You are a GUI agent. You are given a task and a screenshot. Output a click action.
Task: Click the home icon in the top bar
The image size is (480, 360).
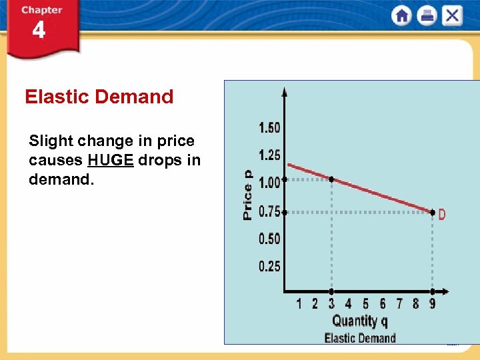click(x=401, y=16)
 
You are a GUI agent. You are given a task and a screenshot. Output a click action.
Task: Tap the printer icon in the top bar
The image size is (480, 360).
click(x=427, y=16)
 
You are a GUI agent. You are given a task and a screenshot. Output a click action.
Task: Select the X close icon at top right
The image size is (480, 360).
click(x=452, y=16)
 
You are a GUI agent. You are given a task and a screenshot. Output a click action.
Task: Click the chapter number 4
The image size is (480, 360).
click(x=39, y=30)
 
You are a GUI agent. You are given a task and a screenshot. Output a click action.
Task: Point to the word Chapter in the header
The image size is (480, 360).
click(x=41, y=10)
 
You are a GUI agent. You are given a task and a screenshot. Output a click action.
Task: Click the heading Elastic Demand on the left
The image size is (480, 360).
click(x=99, y=97)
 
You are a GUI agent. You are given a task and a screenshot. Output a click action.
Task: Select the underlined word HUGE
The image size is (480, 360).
click(x=111, y=161)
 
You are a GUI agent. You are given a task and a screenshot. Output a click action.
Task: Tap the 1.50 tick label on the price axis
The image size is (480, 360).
click(x=269, y=127)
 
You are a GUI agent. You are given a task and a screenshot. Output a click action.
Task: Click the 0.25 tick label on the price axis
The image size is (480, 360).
click(x=269, y=267)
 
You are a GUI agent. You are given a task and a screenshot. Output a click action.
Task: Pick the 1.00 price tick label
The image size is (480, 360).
click(x=269, y=182)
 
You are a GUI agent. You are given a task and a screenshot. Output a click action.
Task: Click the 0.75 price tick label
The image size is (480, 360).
click(x=269, y=211)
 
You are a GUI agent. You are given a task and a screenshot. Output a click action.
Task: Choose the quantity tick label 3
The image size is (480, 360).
click(x=331, y=304)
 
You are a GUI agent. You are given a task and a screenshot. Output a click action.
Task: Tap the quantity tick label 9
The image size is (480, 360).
click(x=432, y=304)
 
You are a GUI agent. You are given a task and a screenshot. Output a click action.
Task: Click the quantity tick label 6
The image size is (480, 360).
click(x=382, y=304)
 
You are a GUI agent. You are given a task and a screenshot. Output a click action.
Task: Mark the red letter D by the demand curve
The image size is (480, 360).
click(x=442, y=215)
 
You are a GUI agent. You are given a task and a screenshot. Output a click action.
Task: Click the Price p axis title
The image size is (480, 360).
click(x=247, y=194)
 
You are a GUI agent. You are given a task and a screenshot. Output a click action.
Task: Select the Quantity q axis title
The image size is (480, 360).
click(x=359, y=321)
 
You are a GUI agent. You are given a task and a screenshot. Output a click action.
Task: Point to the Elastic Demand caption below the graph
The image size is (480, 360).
click(x=359, y=338)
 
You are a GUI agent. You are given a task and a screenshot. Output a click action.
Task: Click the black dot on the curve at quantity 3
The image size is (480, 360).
click(x=331, y=179)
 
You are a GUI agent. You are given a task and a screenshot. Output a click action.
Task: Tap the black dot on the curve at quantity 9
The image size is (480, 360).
click(x=432, y=213)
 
